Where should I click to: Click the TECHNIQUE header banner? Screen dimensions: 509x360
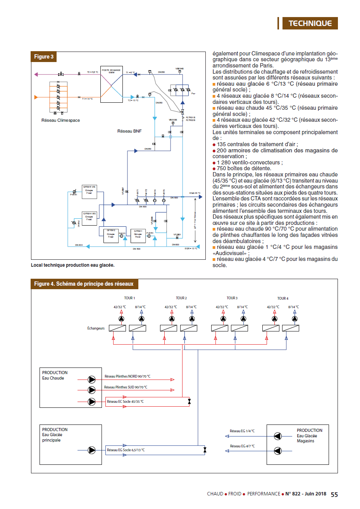[310, 23]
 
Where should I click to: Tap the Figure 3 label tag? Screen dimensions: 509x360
[44, 57]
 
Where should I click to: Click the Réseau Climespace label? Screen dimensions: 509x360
[60, 120]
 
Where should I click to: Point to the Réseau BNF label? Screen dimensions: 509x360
[129, 131]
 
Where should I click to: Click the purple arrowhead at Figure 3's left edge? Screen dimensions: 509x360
[36, 74]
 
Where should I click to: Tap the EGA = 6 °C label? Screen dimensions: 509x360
[195, 193]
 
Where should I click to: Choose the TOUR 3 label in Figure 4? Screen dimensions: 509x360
[232, 298]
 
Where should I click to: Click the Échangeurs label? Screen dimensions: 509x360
[96, 328]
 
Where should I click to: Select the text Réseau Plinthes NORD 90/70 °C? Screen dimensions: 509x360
[127, 376]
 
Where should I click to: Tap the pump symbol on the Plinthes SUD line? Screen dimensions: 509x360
[92, 390]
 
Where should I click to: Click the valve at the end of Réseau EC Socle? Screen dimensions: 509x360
[189, 402]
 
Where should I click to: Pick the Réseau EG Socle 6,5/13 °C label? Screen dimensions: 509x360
[126, 450]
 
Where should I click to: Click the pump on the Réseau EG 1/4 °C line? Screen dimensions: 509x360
[277, 436]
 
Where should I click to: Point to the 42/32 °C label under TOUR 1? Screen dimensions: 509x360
[120, 307]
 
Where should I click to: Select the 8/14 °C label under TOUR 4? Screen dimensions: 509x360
[293, 307]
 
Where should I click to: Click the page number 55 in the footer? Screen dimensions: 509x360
[334, 494]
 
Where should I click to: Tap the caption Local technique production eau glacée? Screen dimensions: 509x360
[73, 265]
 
